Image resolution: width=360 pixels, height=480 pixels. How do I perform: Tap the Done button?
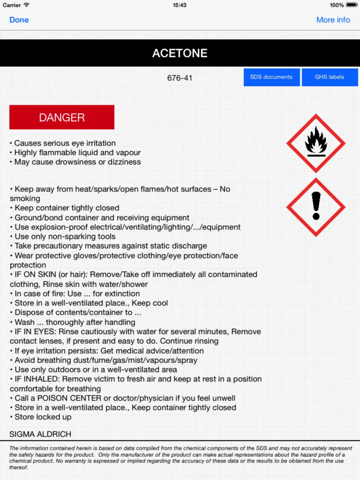19,20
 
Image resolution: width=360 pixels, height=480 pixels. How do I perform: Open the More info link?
333,20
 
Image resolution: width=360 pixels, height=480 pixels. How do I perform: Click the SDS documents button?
271,77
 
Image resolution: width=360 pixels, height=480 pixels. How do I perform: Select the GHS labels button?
329,77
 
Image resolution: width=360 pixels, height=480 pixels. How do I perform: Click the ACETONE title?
180,53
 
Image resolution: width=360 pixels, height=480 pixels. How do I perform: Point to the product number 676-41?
180,78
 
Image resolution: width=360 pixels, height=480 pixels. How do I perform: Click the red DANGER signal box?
62,117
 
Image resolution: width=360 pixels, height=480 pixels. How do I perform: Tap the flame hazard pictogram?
316,143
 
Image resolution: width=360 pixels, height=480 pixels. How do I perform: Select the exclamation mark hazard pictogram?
316,207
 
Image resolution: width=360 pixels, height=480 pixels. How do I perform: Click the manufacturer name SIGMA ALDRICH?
40,434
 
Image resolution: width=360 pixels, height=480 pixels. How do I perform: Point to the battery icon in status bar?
352,5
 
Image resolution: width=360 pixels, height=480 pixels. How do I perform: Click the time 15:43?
180,5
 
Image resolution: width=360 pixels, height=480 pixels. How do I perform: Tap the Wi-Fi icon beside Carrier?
26,5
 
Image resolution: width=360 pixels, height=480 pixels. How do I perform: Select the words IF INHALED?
37,379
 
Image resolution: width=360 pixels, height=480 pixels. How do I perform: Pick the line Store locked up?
43,417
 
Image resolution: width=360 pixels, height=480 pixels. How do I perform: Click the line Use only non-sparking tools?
65,236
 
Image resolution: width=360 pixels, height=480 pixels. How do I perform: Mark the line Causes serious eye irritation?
65,143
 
